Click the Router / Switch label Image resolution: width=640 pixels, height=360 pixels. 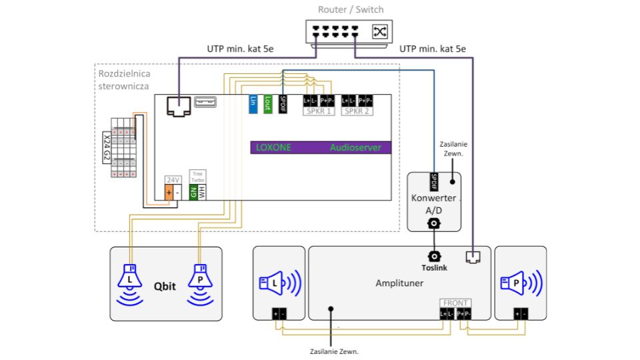(x=351, y=9)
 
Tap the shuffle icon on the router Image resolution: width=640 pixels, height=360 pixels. (x=380, y=31)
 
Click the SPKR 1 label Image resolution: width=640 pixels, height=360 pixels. (x=319, y=111)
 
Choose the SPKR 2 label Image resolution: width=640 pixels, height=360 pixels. (x=357, y=111)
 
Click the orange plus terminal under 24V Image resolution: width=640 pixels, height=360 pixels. (x=169, y=193)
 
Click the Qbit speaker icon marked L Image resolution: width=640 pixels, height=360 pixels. (x=130, y=280)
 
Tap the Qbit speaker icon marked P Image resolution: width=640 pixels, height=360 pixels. (x=199, y=280)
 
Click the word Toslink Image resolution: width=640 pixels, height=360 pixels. (x=434, y=267)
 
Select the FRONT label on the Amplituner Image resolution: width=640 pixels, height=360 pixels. (x=456, y=303)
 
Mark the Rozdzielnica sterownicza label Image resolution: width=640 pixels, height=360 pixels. (x=123, y=79)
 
